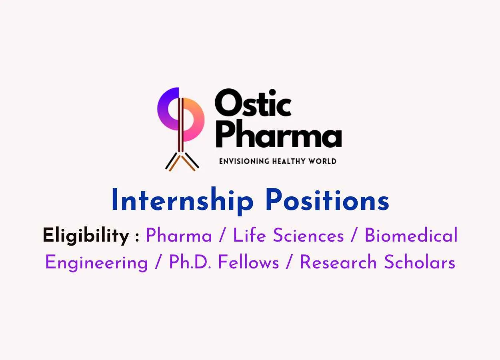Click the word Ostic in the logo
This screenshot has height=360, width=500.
coord(253,102)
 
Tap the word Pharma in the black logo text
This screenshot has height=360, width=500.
coord(279,134)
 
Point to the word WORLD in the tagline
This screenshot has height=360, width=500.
coord(322,161)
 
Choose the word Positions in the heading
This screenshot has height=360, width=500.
coord(328,200)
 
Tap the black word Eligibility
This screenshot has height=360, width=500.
coord(86,236)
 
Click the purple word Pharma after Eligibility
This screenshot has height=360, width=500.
coord(179,235)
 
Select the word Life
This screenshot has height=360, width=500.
coord(249,235)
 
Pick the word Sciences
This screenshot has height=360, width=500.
coord(308,235)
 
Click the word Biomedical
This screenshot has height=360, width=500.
coord(411,235)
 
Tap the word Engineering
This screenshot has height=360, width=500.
coord(96,263)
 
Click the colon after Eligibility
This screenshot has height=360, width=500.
coord(137,237)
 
